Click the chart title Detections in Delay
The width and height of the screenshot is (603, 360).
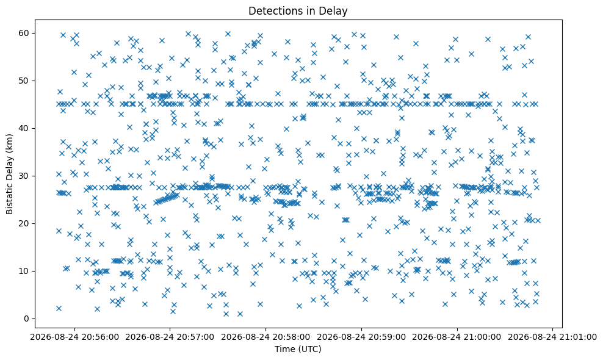pos(298,11)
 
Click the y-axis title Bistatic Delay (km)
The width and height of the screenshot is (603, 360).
pos(9,174)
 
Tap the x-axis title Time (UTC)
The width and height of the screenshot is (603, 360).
pos(298,349)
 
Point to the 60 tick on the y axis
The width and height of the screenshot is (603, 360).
pos(24,33)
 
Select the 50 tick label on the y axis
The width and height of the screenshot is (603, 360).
pos(24,81)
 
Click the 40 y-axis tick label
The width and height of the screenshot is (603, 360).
pos(24,129)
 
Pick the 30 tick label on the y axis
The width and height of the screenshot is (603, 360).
pos(24,176)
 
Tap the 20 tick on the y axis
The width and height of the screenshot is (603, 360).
pos(24,223)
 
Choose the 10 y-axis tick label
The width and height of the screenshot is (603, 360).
pos(24,271)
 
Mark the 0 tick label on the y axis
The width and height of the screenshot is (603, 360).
pos(27,319)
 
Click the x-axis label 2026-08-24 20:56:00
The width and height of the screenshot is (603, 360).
pos(74,337)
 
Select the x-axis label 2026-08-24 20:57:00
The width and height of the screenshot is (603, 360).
pos(170,337)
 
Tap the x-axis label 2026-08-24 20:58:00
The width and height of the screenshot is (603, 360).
pos(265,337)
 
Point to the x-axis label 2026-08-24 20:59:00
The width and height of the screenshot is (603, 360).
pos(361,337)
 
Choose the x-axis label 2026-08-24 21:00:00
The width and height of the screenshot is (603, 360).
pos(457,337)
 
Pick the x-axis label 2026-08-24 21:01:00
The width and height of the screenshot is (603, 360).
pos(552,337)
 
